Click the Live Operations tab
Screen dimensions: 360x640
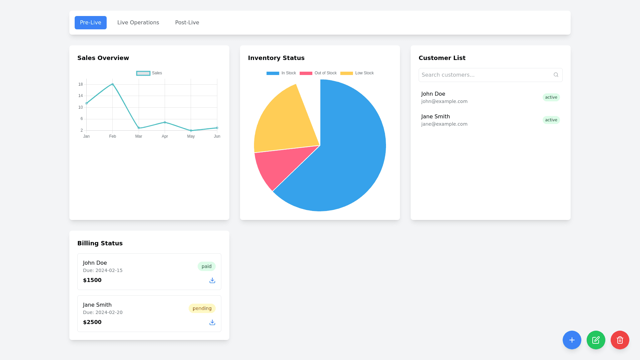[138, 23]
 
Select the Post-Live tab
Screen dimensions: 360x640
[187, 23]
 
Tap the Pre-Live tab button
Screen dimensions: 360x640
[90, 23]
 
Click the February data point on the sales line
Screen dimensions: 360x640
[113, 84]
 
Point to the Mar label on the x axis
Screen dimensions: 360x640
[139, 136]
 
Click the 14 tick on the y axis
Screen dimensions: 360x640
[81, 96]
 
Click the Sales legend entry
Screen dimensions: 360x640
[149, 73]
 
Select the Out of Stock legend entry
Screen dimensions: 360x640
[318, 73]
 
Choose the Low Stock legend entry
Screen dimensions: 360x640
[357, 73]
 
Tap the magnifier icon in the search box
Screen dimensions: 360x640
[556, 75]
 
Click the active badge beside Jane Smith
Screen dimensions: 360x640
[551, 120]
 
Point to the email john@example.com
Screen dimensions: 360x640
[444, 101]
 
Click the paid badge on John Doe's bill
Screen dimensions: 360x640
[206, 266]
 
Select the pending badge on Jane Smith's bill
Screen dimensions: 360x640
[202, 308]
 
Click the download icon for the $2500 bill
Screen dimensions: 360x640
[212, 322]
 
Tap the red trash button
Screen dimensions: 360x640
[620, 340]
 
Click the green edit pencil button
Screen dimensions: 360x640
[596, 340]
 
